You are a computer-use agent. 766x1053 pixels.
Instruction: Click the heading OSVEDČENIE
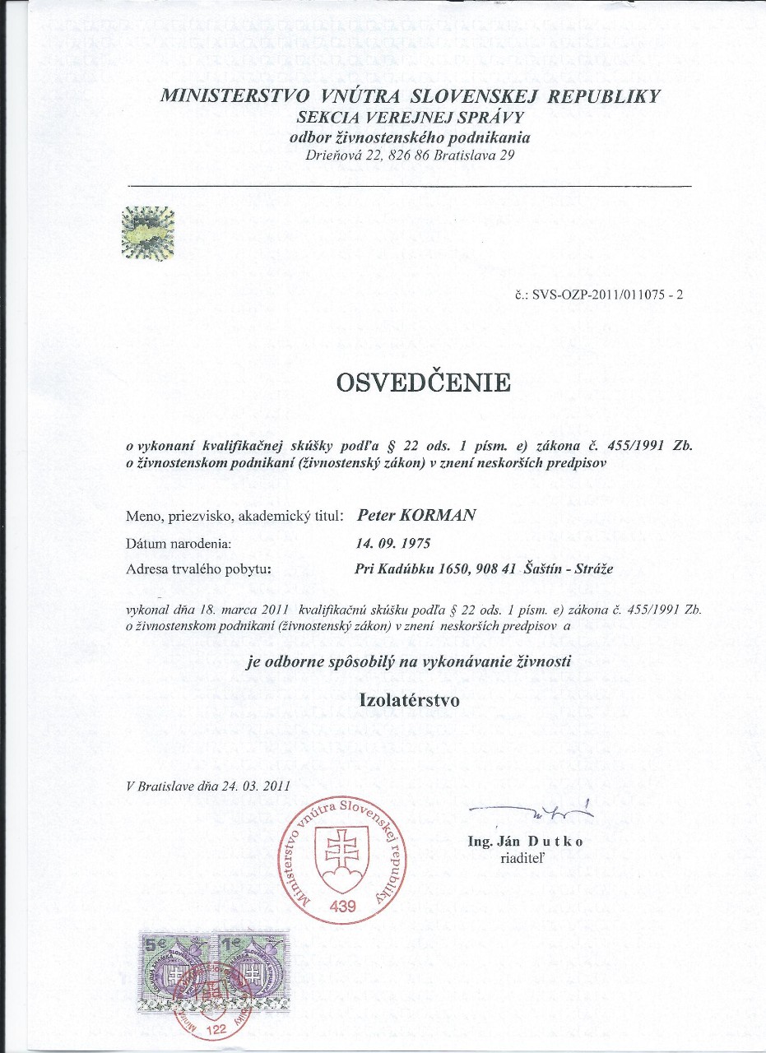click(x=422, y=383)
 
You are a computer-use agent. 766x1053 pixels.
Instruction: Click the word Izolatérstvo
click(x=411, y=700)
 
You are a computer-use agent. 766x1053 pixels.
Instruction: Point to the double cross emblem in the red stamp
click(x=339, y=856)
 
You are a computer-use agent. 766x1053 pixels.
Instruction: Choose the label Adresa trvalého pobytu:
click(x=198, y=568)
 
